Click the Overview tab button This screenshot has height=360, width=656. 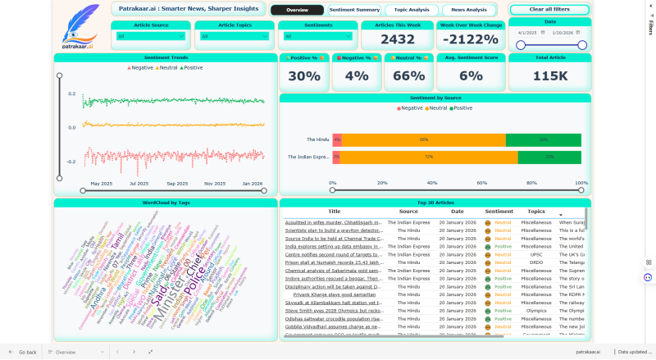297,10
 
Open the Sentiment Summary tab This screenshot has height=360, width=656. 354,10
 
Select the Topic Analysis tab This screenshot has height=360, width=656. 412,10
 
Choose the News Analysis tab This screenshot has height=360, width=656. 469,10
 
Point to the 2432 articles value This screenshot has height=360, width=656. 398,39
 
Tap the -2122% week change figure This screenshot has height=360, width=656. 471,39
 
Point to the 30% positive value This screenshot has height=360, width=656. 304,75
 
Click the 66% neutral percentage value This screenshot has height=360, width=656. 408,75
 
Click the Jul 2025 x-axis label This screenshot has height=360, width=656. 139,184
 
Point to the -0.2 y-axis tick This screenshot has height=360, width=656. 71,162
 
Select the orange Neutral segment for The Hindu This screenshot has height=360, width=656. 423,140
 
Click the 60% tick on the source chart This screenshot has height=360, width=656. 481,183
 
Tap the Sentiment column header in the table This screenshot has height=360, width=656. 499,212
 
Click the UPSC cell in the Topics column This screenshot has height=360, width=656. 536,254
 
